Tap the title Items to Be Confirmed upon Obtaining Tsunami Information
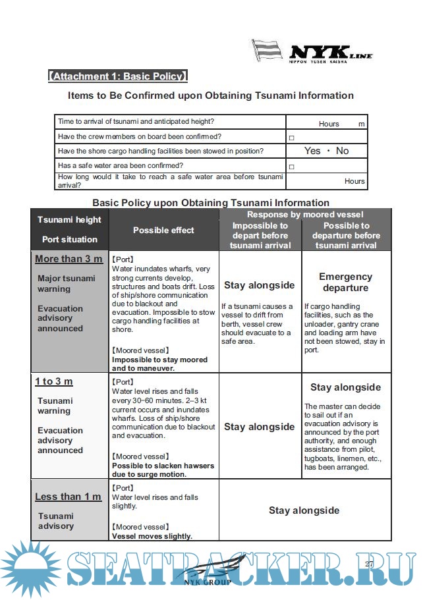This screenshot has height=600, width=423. pyautogui.click(x=211, y=95)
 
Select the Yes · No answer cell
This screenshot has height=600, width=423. pyautogui.click(x=326, y=151)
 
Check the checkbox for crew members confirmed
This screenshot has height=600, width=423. pyautogui.click(x=291, y=138)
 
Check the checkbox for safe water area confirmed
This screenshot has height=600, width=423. pyautogui.click(x=291, y=167)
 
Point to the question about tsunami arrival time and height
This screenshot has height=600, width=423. pyautogui.click(x=136, y=122)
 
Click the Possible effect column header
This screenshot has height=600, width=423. pyautogui.click(x=163, y=230)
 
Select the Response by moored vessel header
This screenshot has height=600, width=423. pyautogui.click(x=305, y=215)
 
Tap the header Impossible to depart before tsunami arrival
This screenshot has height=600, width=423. pyautogui.click(x=260, y=235)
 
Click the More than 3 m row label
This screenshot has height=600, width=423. pyautogui.click(x=69, y=259)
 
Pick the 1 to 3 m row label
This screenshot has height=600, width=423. pyautogui.click(x=54, y=381)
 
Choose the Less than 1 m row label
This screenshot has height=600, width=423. pyautogui.click(x=68, y=497)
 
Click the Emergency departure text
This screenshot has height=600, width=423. pyautogui.click(x=345, y=283)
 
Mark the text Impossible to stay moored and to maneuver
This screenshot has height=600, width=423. pyautogui.click(x=159, y=364)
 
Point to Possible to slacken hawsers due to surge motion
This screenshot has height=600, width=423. pyautogui.click(x=163, y=470)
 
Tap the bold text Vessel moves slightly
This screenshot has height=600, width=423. pyautogui.click(x=152, y=536)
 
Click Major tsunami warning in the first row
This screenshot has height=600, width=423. pyautogui.click(x=66, y=283)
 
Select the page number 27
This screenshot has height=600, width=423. pyautogui.click(x=369, y=564)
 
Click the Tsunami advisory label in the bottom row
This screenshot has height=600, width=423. pyautogui.click(x=55, y=521)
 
